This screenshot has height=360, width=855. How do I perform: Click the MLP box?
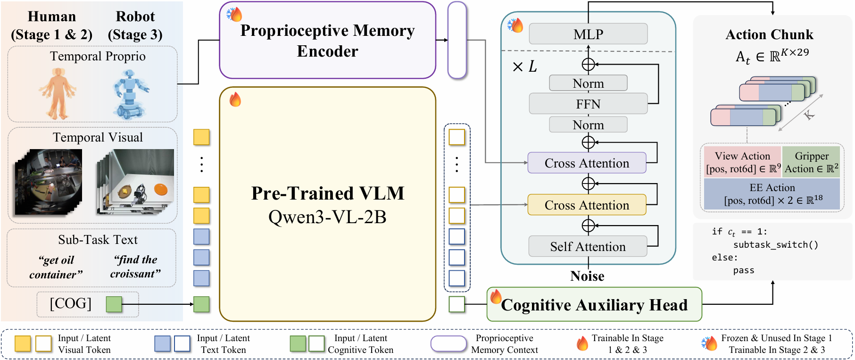coord(588,34)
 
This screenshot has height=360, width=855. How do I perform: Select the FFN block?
coord(588,104)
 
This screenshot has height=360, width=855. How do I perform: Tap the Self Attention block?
coord(588,246)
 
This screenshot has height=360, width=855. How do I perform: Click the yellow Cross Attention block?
coord(587,205)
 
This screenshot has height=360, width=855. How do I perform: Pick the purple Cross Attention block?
coord(587,163)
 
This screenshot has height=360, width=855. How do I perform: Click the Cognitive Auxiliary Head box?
coord(594,305)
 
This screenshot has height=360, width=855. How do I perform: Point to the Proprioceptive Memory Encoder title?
coord(327,41)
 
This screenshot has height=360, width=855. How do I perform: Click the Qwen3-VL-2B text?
coord(327,217)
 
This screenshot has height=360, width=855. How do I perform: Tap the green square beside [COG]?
coord(114,304)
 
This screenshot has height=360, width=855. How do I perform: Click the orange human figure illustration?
coord(58,93)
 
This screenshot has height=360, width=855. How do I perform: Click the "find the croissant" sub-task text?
coord(135,267)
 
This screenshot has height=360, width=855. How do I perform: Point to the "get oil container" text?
coord(56,267)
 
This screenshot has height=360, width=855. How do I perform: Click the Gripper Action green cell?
coord(811,162)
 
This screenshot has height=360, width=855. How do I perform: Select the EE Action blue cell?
coord(772,194)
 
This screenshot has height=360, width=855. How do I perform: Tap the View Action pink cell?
coord(742,162)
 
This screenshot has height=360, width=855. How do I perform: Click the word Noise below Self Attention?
coord(587,276)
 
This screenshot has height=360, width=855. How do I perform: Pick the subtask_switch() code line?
coord(775,244)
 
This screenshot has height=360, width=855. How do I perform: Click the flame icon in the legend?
coord(582,343)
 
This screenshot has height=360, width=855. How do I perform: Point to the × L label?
coord(524,67)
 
